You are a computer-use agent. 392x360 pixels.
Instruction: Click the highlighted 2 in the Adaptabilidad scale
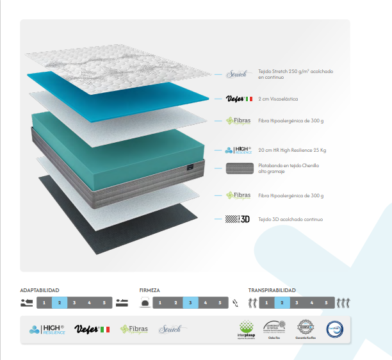(59, 302)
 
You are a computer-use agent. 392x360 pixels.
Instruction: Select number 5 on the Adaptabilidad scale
(104, 302)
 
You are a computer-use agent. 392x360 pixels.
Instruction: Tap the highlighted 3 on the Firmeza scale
(190, 302)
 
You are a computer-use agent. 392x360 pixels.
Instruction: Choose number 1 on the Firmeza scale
(160, 302)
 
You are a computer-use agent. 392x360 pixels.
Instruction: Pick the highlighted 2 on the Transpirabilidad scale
(282, 302)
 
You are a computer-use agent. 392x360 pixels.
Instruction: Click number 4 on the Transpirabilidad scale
(312, 302)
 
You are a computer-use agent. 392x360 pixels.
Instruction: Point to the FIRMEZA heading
(150, 290)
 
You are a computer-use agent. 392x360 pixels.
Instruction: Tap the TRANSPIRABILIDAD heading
(272, 290)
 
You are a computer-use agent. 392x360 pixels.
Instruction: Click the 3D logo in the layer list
(237, 219)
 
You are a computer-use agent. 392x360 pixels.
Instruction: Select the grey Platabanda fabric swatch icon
(237, 168)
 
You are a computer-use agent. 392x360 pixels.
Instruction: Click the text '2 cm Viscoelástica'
(278, 99)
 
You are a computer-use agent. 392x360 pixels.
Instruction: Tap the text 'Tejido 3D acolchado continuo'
(291, 219)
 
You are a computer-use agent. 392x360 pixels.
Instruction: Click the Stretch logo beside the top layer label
(237, 74)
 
